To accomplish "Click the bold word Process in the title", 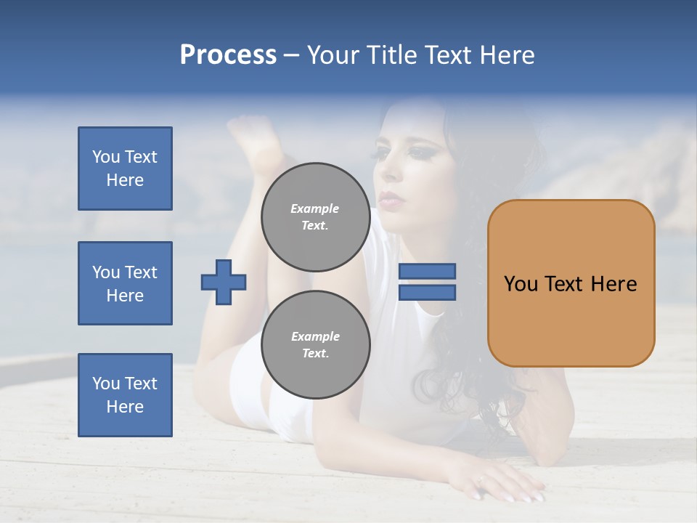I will point(228,55).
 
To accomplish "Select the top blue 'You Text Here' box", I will point(125,169).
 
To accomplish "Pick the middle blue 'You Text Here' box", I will point(125,283).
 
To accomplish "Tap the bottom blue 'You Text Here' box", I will point(125,395).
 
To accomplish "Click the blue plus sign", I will point(224,282).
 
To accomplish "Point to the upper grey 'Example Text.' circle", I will point(315,217).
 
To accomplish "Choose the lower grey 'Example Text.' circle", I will point(315,345).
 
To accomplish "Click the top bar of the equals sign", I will point(427,272).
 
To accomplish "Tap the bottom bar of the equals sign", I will point(427,292).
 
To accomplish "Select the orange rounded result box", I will point(571,283).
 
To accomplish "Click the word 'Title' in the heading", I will point(392,55).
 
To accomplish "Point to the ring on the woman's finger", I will point(481,480).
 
